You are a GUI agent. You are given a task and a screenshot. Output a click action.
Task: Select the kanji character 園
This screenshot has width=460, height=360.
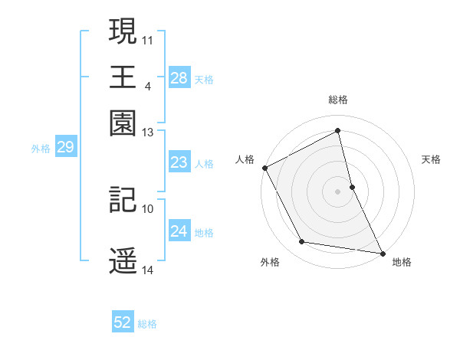[123, 123]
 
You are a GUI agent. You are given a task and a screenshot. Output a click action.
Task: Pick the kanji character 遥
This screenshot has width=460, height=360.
[123, 260]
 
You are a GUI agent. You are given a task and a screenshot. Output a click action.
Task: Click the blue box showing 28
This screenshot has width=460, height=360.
[179, 78]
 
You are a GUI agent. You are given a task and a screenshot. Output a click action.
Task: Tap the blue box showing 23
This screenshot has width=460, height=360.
[179, 162]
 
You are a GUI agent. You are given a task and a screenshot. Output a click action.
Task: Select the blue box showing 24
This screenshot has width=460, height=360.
[179, 231]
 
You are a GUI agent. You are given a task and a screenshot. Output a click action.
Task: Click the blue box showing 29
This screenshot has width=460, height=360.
[65, 148]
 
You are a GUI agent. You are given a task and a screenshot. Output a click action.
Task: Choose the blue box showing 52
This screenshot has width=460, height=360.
[123, 323]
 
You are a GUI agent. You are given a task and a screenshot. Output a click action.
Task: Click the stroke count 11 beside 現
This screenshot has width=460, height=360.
[148, 38]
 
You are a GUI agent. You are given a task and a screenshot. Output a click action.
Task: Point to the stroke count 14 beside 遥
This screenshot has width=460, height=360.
[148, 270]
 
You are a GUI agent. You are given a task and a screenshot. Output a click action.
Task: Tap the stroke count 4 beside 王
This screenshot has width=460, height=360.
[147, 85]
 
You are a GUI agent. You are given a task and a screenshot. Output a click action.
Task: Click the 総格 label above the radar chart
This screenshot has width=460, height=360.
[338, 100]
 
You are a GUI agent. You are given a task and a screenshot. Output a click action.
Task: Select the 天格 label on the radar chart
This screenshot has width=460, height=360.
[432, 159]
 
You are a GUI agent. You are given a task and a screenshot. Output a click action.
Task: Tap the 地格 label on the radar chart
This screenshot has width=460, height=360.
[402, 262]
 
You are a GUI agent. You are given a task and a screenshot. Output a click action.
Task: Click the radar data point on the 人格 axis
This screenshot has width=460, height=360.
[264, 168]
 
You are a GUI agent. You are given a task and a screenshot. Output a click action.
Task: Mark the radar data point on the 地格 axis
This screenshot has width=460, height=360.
[382, 252]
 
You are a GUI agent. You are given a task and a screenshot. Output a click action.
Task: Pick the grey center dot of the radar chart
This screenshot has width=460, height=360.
[338, 191]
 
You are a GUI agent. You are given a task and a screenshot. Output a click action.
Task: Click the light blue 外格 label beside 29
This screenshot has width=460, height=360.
[41, 149]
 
